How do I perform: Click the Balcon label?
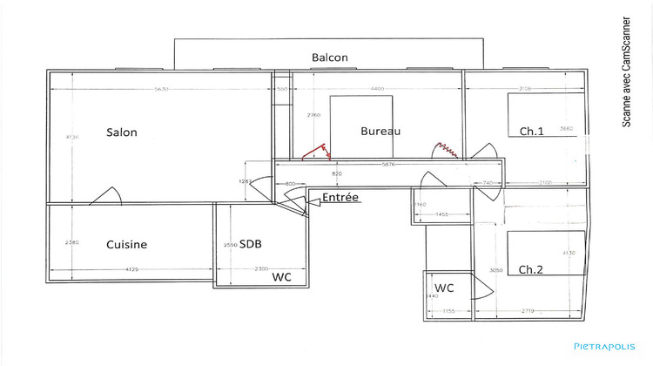330,58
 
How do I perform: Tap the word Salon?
122,132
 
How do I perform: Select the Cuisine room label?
127,245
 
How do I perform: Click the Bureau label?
380,132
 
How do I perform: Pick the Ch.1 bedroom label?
531,132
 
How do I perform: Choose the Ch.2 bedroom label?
531,270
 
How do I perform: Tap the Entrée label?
340,198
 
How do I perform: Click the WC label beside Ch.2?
444,287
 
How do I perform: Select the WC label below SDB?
281,278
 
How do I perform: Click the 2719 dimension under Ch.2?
529,310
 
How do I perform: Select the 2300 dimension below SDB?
260,270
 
